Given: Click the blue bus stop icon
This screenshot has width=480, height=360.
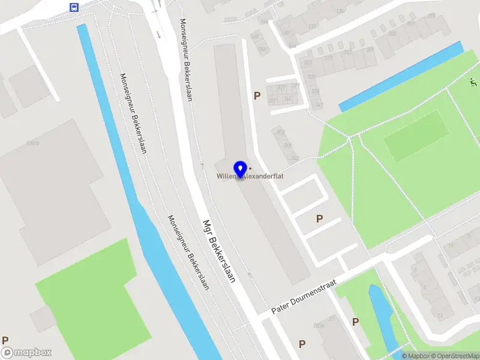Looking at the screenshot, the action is pyautogui.click(x=74, y=8).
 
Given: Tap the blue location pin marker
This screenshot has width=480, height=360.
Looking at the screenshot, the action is pyautogui.click(x=241, y=170).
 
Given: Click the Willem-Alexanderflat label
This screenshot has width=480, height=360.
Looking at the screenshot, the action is pyautogui.click(x=250, y=176).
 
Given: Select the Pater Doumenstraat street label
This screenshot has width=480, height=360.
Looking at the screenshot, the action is pyautogui.click(x=305, y=298).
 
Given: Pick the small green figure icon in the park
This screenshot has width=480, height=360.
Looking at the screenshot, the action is pyautogui.click(x=472, y=83).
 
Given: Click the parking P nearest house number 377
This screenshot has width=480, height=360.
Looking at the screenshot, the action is pyautogui.click(x=257, y=95).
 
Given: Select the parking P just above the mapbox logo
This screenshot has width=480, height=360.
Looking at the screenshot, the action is pyautogui.click(x=5, y=340).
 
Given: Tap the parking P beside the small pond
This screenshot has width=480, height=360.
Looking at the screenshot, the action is pyautogui.click(x=355, y=322).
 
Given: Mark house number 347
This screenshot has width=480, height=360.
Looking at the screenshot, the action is pyautogui.click(x=319, y=105).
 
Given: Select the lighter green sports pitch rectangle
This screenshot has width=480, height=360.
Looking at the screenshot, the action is pyautogui.click(x=416, y=136).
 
